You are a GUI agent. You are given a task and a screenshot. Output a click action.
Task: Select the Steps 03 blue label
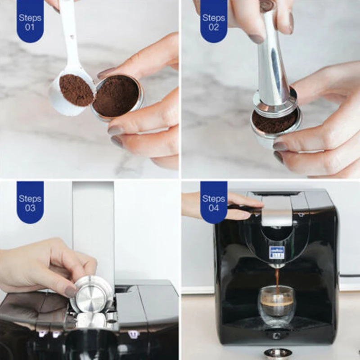pyautogui.click(x=30, y=202)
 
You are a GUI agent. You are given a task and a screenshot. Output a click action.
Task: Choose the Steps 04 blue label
pyautogui.click(x=213, y=202)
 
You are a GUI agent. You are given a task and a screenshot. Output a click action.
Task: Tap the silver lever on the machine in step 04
pyautogui.click(x=277, y=211)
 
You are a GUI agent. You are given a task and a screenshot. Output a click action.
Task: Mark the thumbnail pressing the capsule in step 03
pyautogui.click(x=71, y=291)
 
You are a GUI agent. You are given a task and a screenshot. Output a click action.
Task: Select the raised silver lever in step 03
pyautogui.click(x=93, y=225)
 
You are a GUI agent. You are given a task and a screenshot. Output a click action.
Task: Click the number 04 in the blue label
pyautogui.click(x=213, y=208)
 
